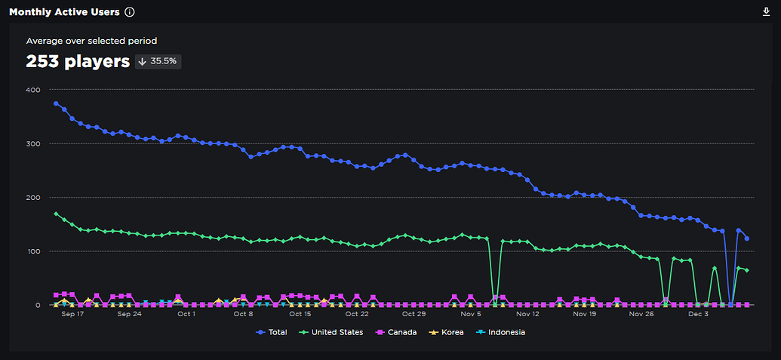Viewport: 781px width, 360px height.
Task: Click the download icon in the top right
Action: [x=767, y=12]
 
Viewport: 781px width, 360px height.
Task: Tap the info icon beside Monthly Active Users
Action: [x=130, y=12]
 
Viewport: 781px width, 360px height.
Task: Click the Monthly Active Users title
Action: [x=63, y=12]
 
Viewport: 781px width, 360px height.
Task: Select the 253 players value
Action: [x=78, y=61]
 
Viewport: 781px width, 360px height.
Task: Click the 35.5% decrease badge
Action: [x=158, y=61]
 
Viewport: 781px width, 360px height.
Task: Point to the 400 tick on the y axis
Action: [x=32, y=90]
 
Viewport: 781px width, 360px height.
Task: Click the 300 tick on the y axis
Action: [x=32, y=143]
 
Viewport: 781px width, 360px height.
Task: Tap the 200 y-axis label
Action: [x=32, y=197]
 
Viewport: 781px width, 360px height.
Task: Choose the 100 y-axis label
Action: [x=32, y=251]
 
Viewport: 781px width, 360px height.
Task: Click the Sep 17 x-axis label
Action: [x=72, y=314]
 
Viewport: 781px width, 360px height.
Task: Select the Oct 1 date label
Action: [x=186, y=314]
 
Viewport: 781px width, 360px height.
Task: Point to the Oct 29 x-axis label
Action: [x=414, y=314]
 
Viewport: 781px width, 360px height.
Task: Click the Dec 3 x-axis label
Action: [x=697, y=314]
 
